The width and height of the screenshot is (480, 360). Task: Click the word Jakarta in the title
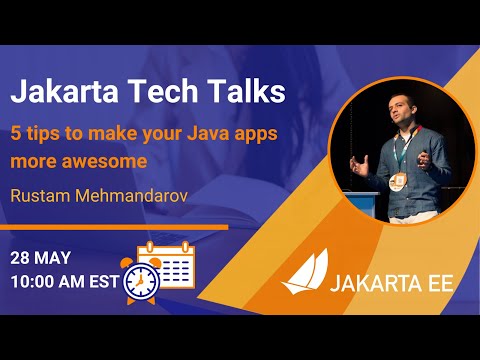pos(62,93)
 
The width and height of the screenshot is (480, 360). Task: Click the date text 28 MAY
pos(41,257)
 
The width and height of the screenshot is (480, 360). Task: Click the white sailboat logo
pos(304,273)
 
